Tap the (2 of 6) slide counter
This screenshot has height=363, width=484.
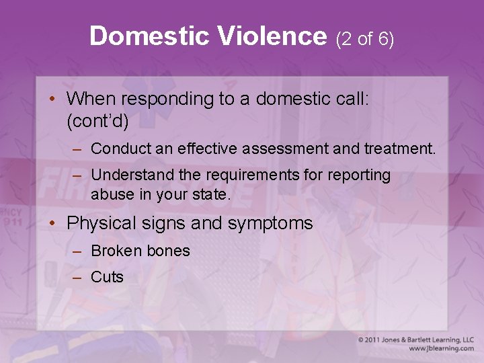(x=365, y=39)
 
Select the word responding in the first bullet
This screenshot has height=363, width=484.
(x=166, y=99)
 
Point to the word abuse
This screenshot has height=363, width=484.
(x=110, y=195)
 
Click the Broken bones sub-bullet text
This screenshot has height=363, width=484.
(x=140, y=251)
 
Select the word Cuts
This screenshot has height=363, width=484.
(x=108, y=277)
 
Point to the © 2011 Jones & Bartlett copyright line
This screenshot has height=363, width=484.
(x=415, y=340)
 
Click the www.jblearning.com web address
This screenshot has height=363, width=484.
(x=440, y=349)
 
